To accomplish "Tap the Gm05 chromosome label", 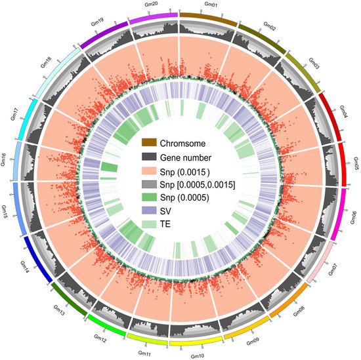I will [x=356, y=162].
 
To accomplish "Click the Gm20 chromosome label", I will [x=150, y=6].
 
